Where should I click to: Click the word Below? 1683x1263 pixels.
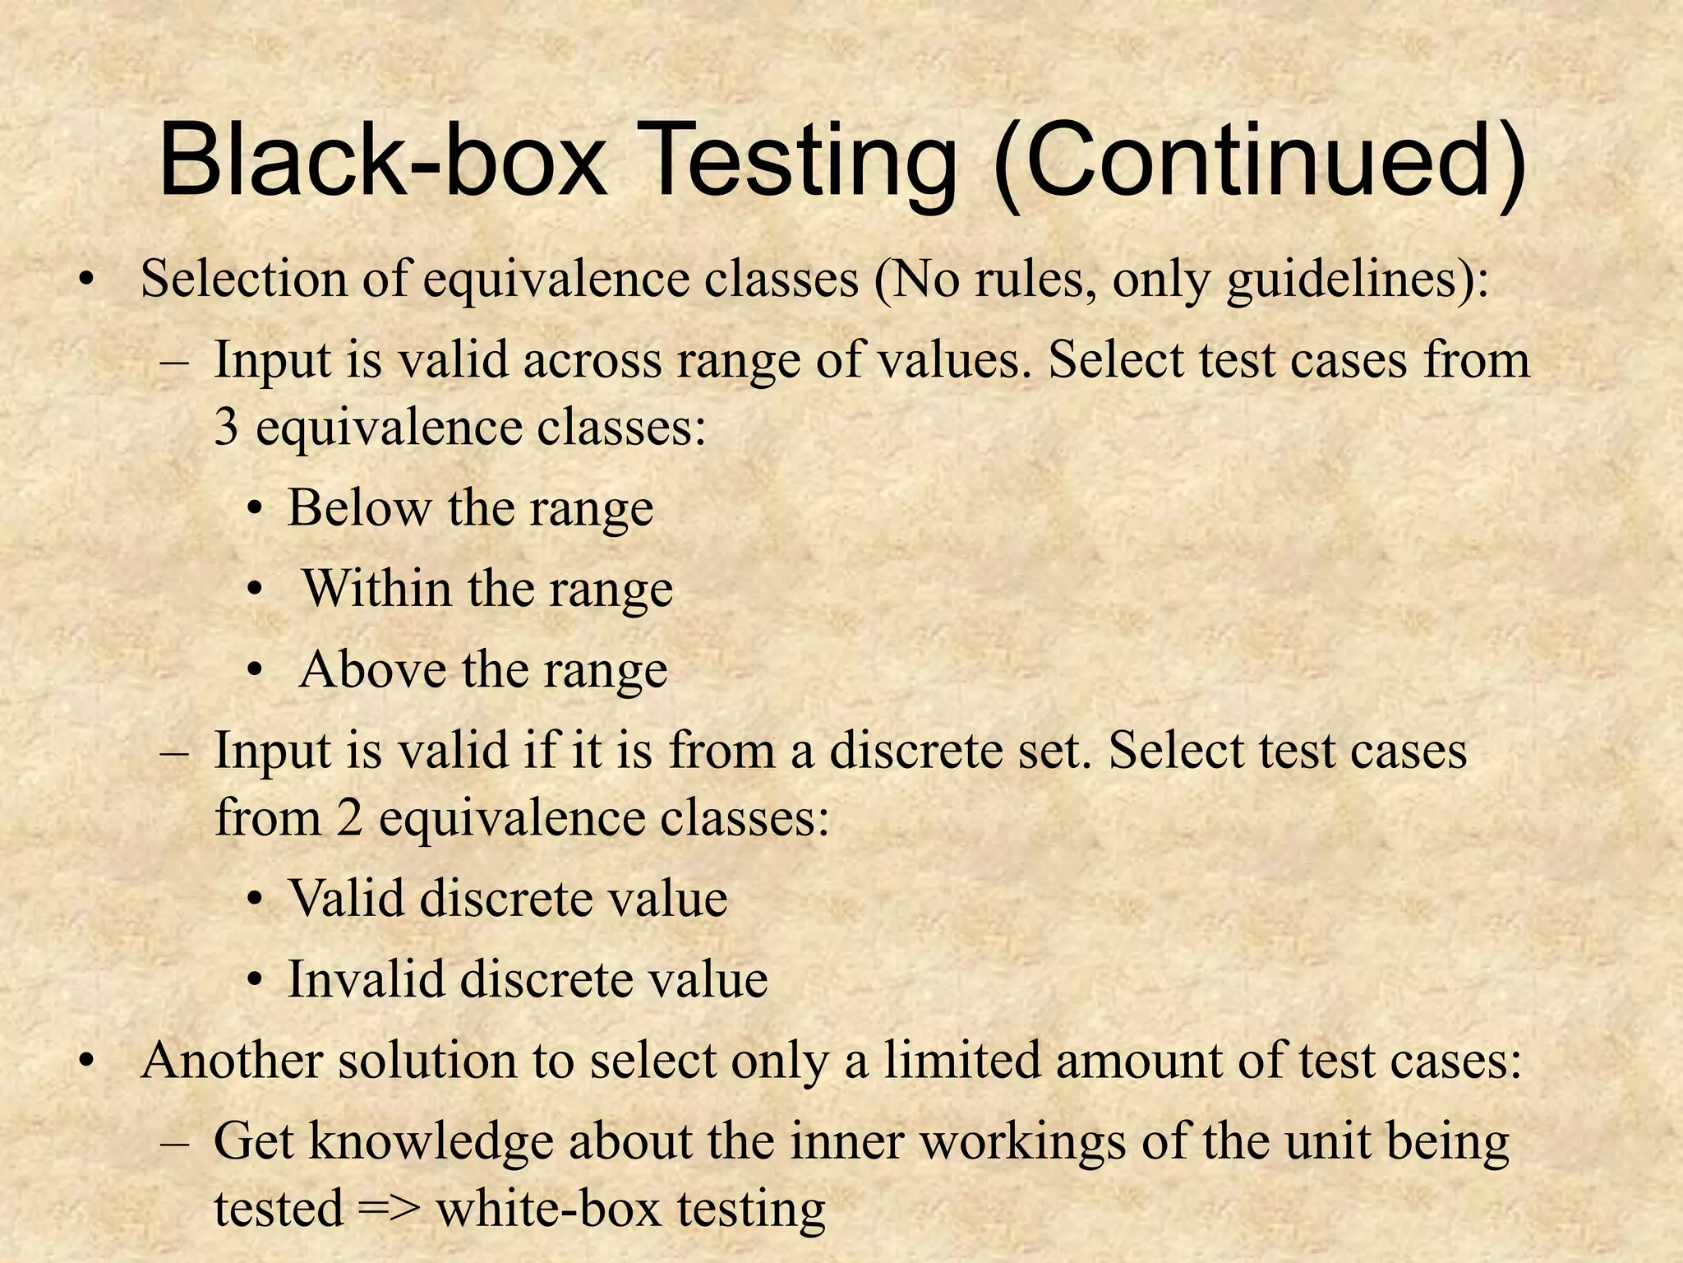coord(358,507)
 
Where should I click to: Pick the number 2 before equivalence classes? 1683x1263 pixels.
coord(348,818)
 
